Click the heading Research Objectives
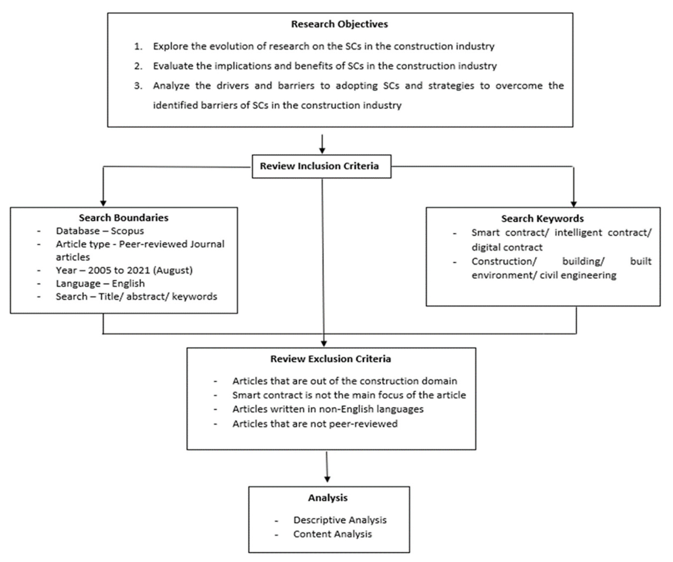coord(339,24)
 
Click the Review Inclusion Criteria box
coord(321,166)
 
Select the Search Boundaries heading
coord(124,218)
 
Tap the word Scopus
coord(127,231)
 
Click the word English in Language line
coord(128,284)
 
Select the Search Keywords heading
coord(542,218)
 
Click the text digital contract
coord(507,247)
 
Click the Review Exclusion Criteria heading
coord(330,359)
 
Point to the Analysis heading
coord(328,498)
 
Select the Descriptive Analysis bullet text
coord(340,520)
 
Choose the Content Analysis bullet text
coord(332,534)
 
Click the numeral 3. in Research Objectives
coord(138,86)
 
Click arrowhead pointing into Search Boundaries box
coord(103,203)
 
